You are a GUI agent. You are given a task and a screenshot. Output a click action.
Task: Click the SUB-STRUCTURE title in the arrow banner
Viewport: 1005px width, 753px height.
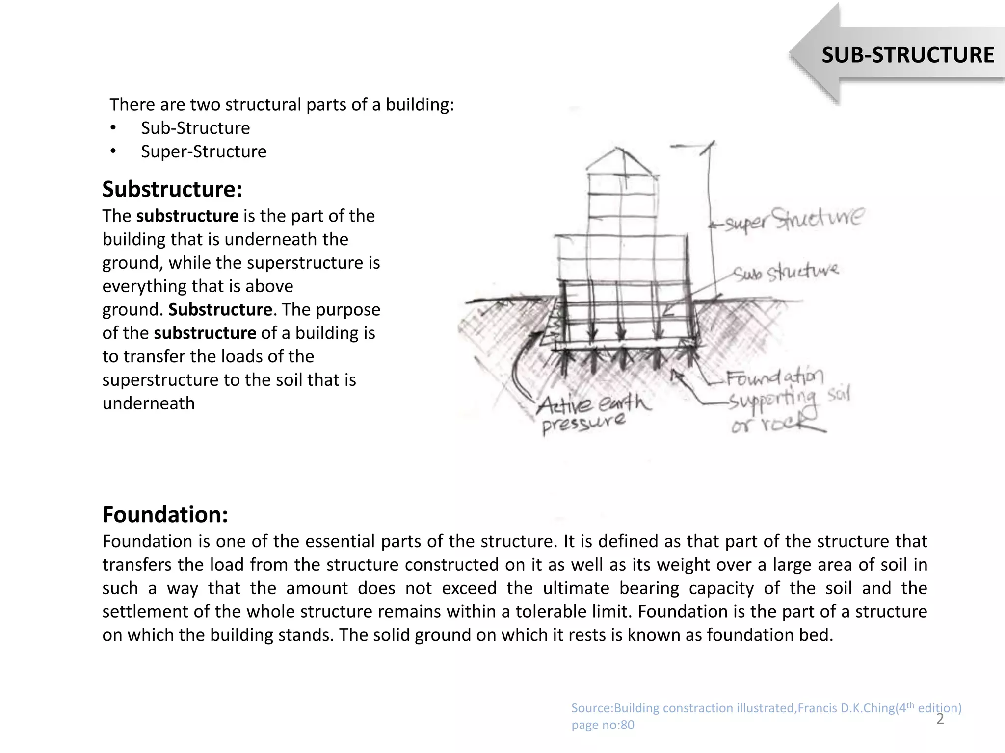coord(908,54)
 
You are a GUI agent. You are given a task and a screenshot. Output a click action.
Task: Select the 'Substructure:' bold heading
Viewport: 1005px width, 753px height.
coord(172,189)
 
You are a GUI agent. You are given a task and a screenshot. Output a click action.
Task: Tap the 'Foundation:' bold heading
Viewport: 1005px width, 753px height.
coord(165,515)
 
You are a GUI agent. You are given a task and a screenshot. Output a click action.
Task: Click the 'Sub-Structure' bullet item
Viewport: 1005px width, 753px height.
coord(195,128)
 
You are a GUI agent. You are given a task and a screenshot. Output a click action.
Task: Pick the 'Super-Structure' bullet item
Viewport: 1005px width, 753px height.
coord(204,151)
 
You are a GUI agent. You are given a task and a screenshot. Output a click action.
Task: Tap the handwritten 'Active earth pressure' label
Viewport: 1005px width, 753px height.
coord(589,412)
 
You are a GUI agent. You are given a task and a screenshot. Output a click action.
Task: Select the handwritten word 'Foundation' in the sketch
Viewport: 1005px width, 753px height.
coord(774,378)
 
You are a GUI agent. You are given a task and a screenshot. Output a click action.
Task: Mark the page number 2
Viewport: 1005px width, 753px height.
coord(940,719)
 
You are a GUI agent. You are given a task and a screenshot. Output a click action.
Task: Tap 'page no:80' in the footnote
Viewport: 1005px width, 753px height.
coord(603,725)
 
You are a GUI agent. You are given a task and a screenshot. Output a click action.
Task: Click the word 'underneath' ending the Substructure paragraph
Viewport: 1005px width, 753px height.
coord(149,403)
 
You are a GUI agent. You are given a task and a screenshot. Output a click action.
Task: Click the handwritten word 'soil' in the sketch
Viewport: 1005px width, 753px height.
coord(838,394)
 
